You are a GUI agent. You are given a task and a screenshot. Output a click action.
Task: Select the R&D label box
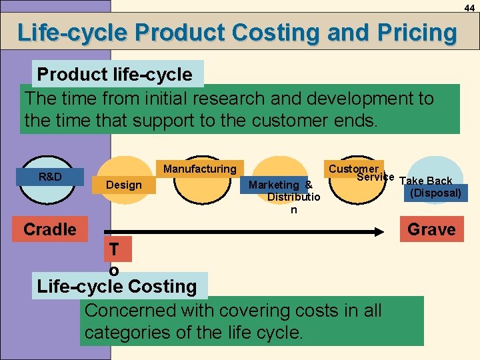(51, 177)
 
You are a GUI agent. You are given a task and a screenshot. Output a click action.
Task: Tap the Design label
(124, 184)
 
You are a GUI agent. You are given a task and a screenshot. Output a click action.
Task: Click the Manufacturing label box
(200, 169)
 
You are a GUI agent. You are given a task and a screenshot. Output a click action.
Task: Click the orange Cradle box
(49, 229)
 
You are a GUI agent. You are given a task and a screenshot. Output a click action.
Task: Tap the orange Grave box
(431, 229)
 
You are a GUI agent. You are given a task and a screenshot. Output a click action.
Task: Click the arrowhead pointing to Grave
(393, 231)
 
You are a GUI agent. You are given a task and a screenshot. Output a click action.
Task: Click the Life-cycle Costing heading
(117, 287)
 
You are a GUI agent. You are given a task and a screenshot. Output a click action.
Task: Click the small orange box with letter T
(114, 249)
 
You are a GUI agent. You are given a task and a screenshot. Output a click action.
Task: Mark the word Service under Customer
(375, 177)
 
